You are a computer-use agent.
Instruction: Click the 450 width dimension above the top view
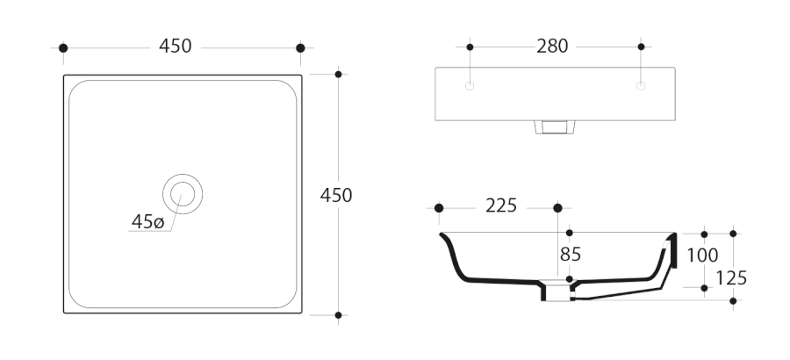point(176,46)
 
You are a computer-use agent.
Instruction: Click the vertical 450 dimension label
point(336,195)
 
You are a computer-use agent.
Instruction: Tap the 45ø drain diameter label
point(147,221)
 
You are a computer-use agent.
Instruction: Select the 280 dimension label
point(552,47)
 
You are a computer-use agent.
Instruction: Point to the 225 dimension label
point(501,205)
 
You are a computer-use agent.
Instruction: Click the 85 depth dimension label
point(571,255)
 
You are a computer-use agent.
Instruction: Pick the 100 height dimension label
point(702,256)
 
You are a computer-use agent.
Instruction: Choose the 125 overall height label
point(731,277)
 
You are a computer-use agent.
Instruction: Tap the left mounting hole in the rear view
point(470,86)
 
